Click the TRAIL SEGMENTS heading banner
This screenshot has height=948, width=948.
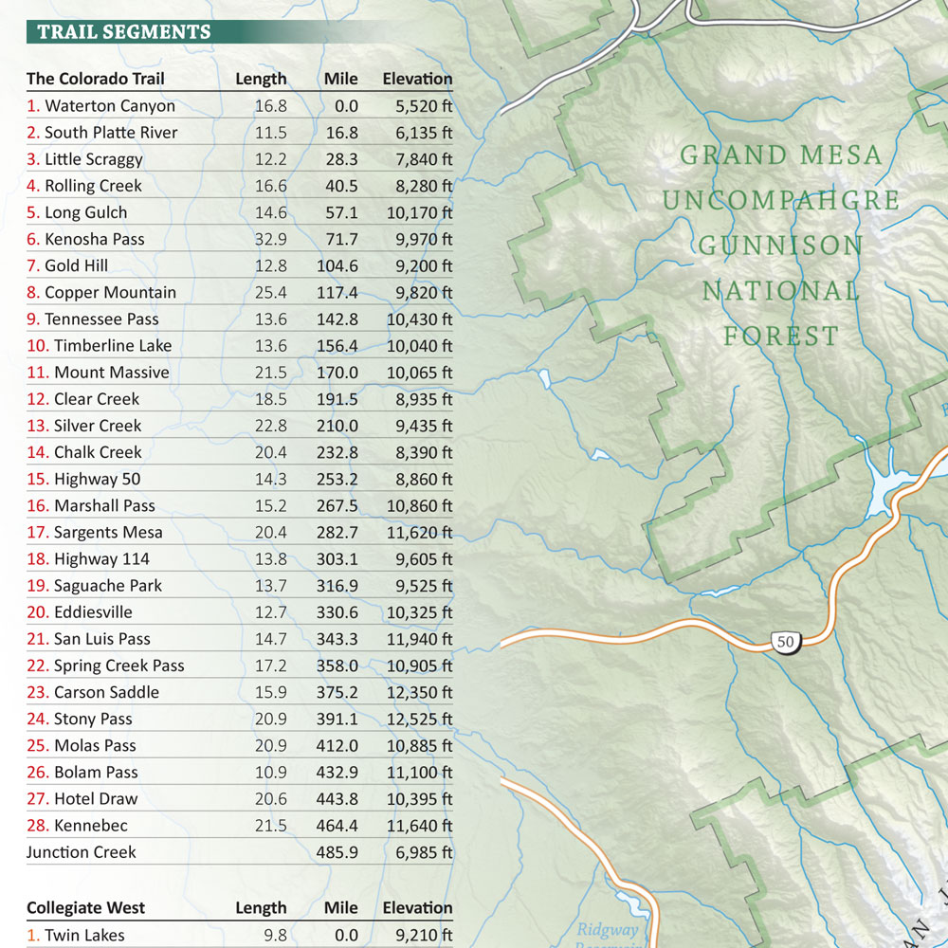[124, 32]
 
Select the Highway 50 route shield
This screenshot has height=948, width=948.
[785, 642]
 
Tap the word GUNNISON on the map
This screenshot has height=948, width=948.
[781, 246]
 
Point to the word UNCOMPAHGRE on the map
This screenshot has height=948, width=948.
[781, 201]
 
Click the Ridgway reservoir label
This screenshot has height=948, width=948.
[608, 931]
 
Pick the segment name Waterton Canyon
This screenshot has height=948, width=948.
[110, 106]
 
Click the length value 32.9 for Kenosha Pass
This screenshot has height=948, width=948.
[270, 239]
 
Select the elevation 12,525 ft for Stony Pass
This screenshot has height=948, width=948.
[420, 719]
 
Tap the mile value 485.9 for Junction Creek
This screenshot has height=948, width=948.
[337, 852]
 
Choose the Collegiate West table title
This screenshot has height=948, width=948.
[86, 907]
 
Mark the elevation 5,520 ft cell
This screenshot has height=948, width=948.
[424, 106]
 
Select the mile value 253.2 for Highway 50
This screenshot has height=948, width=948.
[337, 479]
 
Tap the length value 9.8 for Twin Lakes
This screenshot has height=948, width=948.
[274, 935]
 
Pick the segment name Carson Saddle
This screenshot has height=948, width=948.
[106, 692]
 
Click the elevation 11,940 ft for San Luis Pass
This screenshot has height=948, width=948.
[420, 639]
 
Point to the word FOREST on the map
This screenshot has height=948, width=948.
[781, 337]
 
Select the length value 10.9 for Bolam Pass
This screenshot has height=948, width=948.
[270, 772]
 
